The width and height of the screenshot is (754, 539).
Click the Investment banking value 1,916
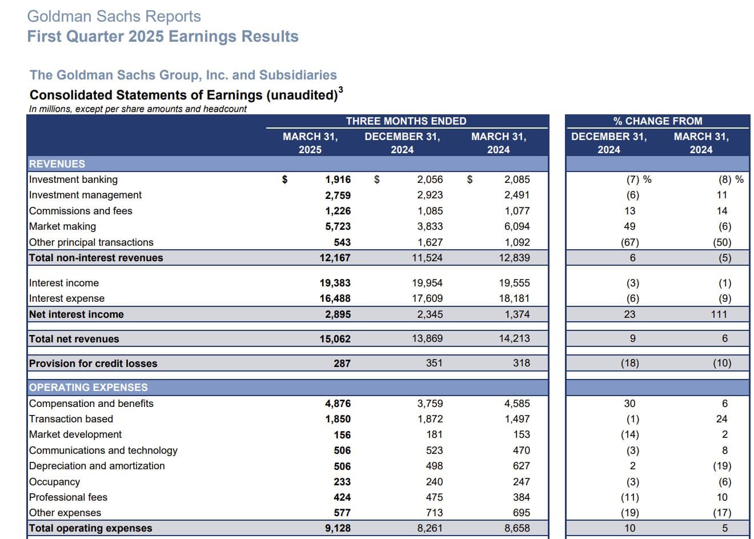point(338,179)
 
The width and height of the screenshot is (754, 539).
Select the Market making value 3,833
point(430,226)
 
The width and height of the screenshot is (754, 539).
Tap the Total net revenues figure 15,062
point(335,339)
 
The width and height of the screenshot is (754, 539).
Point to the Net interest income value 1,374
point(517,314)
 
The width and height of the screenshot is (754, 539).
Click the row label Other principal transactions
point(91,242)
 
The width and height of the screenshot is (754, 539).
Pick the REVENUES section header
point(57,164)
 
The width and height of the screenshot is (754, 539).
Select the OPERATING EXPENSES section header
point(88,388)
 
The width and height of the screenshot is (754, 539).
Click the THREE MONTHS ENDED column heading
point(406,121)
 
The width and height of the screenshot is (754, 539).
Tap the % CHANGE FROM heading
point(657,121)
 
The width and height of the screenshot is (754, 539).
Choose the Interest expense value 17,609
point(427,298)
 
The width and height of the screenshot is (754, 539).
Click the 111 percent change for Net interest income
point(719,314)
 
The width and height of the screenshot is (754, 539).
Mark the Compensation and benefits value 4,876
point(338,404)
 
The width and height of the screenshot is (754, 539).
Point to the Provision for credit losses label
point(93,364)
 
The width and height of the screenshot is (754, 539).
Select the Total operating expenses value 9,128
point(338,528)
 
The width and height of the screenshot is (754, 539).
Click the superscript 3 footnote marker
point(340,90)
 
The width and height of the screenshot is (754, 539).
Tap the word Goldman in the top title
point(59,16)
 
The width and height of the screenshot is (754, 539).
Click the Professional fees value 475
point(434,497)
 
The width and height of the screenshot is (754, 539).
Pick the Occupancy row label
point(54,482)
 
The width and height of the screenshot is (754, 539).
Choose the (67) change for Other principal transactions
point(630,242)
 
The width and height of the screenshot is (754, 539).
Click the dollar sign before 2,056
point(376,179)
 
